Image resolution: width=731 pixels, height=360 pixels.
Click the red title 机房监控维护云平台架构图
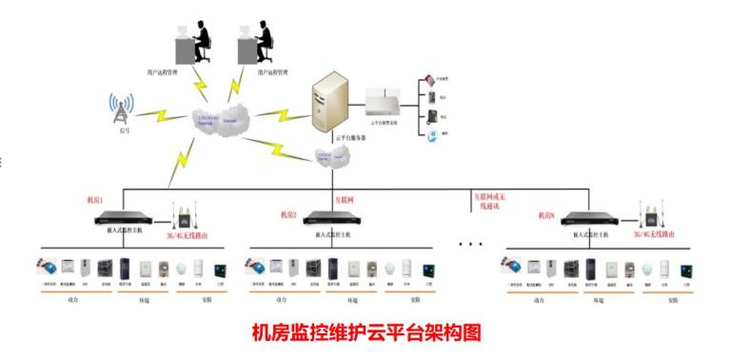coord(366,332)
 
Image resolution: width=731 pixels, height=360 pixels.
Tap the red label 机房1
coord(97,201)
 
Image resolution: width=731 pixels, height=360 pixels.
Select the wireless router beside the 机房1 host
coord(181,214)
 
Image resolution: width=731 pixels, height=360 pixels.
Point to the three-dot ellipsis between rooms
coord(470,244)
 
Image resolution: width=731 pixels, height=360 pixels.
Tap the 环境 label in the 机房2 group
coord(352,300)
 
